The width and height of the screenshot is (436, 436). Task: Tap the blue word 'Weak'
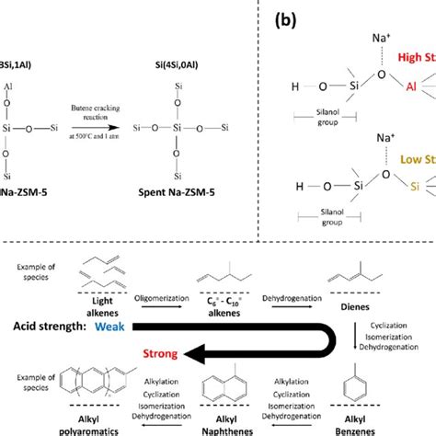tap(108, 327)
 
